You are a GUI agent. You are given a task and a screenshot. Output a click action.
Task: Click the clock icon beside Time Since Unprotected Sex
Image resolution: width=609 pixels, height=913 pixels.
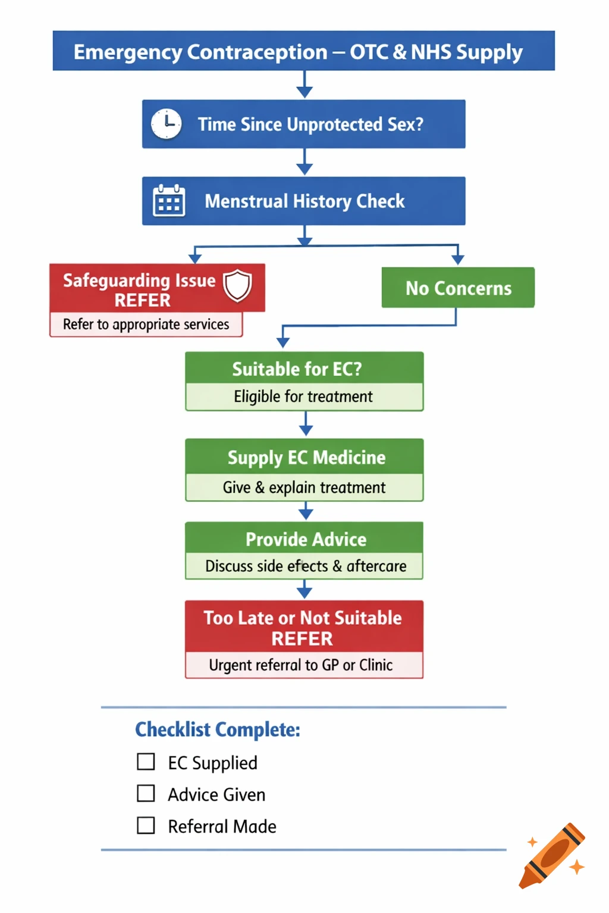[x=166, y=124]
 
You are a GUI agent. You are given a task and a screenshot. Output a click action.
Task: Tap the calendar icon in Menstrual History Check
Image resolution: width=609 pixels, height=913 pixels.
[x=169, y=201]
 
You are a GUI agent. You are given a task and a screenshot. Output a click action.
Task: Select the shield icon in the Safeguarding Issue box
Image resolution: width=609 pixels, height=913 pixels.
[x=237, y=285]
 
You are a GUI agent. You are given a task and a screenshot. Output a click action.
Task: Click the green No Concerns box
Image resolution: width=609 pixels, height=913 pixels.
[x=458, y=288]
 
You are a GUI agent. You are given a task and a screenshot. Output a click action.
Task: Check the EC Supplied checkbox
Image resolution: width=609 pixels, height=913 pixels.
[x=146, y=762]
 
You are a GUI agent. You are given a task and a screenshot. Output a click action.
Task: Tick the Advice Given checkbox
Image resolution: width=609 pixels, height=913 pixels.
[x=146, y=794]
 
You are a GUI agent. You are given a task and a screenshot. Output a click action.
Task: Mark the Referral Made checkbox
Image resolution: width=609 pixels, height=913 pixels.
[x=146, y=826]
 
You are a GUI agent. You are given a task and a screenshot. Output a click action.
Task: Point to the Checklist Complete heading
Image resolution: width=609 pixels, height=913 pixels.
[x=218, y=729]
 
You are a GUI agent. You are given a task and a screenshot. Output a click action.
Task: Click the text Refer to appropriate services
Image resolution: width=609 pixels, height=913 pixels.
[x=146, y=325]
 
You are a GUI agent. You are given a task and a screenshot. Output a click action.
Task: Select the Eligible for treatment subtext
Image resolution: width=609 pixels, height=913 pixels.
[x=303, y=396]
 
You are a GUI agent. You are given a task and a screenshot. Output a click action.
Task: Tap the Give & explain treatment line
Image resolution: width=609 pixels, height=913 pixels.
[x=304, y=487]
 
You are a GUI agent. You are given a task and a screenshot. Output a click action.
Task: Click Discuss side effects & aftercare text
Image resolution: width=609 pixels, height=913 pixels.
[x=306, y=566]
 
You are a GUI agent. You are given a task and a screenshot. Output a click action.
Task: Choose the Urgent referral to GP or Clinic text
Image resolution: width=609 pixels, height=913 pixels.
[x=301, y=665]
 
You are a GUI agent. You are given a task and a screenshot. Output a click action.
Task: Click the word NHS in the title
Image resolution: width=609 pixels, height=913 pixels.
[x=431, y=52]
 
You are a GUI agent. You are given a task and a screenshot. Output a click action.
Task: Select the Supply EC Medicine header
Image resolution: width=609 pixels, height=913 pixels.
[x=306, y=457]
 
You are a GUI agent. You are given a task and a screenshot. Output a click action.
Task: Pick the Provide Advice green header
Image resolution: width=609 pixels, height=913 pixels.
[x=306, y=539]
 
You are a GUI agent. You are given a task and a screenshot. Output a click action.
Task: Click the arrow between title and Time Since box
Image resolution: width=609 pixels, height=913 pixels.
[x=304, y=85]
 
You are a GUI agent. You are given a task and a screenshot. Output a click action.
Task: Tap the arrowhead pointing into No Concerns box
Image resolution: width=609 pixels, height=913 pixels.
[x=457, y=259]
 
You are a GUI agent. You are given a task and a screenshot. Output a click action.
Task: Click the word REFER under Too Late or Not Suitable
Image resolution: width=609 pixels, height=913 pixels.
[x=302, y=639]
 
